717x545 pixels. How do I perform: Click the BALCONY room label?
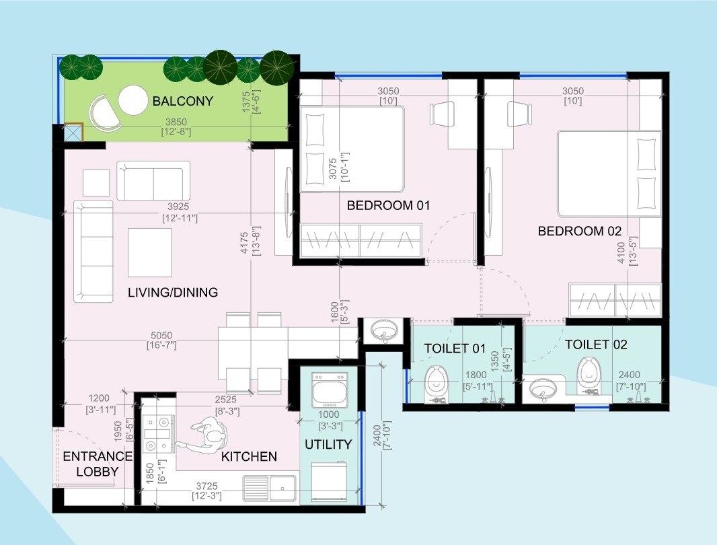(x=182, y=102)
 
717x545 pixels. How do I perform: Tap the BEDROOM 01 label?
(x=388, y=205)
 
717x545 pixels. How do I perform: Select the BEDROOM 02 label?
(x=580, y=231)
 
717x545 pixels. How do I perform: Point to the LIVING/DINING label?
(x=173, y=293)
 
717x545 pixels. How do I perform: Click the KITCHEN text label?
(x=249, y=457)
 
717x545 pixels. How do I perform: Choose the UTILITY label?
(x=328, y=445)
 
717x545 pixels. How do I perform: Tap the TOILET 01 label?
(x=455, y=349)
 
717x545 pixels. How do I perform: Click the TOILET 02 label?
(x=596, y=344)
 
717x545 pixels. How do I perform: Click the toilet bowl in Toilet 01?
(x=435, y=381)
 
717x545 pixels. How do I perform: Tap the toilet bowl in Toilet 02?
(x=589, y=373)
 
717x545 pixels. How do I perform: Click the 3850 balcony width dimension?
(x=176, y=122)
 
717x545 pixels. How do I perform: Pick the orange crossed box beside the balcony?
(x=72, y=132)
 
